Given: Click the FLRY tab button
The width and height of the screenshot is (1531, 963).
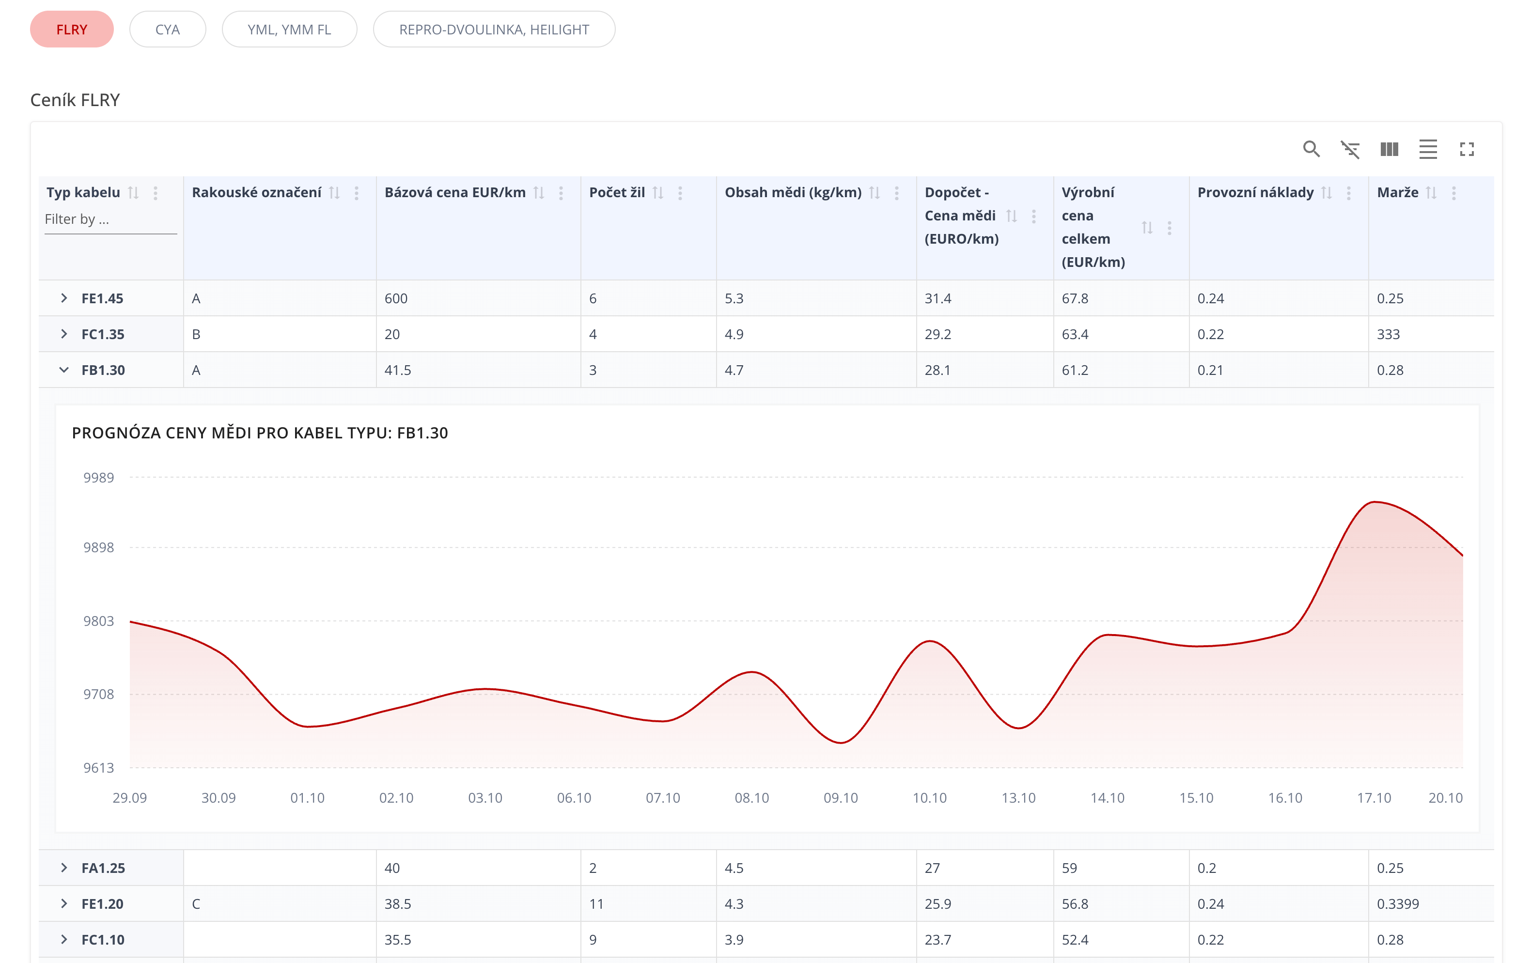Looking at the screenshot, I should [72, 29].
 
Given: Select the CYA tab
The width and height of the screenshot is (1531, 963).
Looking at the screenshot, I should [167, 29].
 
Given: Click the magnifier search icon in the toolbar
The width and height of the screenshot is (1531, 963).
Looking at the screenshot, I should [1311, 149].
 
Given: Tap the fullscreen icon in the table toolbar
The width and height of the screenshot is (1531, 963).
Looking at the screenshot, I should [1466, 149].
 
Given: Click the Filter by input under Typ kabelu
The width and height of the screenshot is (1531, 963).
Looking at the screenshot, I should [110, 219].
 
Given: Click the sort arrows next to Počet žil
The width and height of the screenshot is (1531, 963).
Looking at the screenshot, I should [658, 193].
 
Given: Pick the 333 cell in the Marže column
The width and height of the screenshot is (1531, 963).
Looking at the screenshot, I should [1388, 334].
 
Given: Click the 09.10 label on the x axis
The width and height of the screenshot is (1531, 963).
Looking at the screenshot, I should [841, 798].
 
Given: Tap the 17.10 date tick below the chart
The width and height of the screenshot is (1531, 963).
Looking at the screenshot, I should [1374, 798].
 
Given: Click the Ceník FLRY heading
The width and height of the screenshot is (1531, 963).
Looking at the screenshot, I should [75, 100].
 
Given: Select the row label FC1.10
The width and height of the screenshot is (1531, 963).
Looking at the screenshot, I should [103, 939].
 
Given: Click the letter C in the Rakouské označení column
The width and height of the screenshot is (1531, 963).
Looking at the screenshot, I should [196, 904].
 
